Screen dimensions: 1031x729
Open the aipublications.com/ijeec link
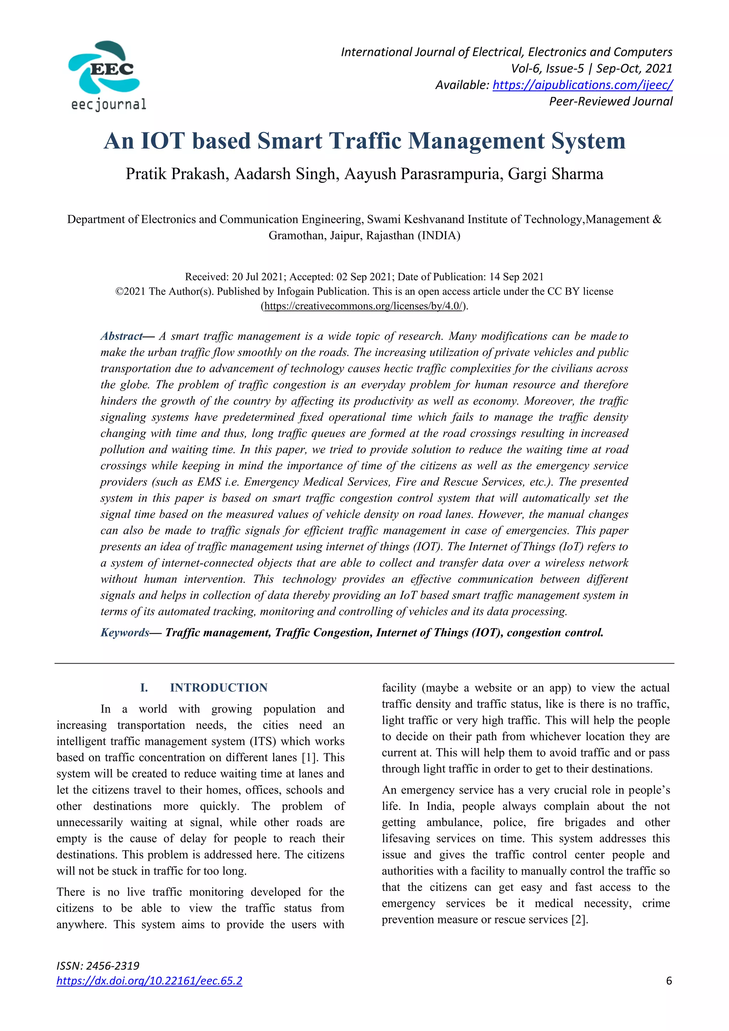[582, 85]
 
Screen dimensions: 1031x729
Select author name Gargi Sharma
[555, 174]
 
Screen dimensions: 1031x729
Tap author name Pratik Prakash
[177, 174]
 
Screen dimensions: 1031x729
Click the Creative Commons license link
[364, 306]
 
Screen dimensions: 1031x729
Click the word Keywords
[124, 632]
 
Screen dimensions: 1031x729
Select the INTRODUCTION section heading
[219, 687]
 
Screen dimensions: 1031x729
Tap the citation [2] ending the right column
[579, 919]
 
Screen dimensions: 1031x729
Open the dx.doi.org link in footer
[149, 981]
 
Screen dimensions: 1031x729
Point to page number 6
[669, 981]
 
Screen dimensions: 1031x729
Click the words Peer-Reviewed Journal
[610, 101]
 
